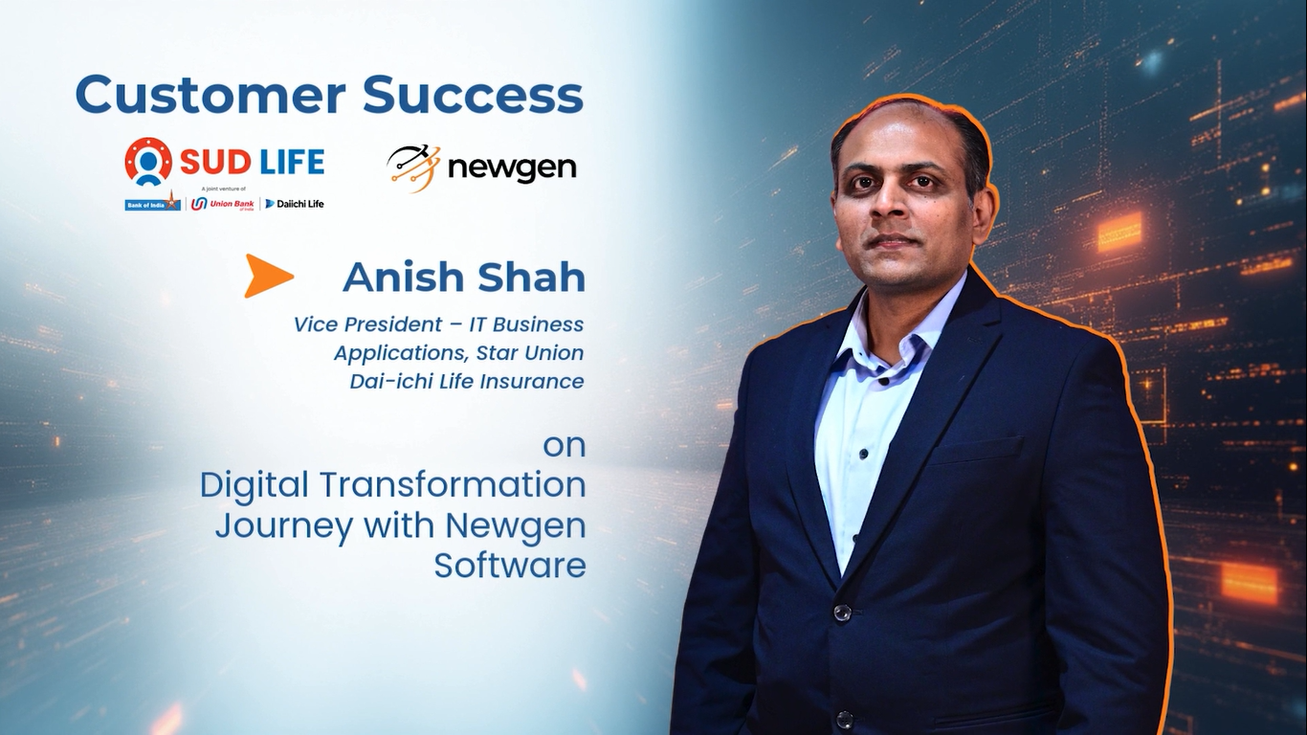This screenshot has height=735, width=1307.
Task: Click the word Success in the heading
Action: click(474, 94)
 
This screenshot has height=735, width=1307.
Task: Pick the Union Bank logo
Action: click(222, 204)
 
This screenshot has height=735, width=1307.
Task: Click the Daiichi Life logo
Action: click(295, 204)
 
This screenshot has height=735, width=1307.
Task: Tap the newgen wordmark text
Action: click(513, 168)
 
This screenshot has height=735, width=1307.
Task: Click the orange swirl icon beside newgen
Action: click(413, 168)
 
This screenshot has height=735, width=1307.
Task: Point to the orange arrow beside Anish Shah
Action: click(268, 276)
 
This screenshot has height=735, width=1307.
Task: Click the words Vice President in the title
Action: click(367, 324)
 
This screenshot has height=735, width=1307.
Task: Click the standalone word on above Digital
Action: click(565, 447)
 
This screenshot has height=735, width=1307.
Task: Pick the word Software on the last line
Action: click(510, 566)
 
